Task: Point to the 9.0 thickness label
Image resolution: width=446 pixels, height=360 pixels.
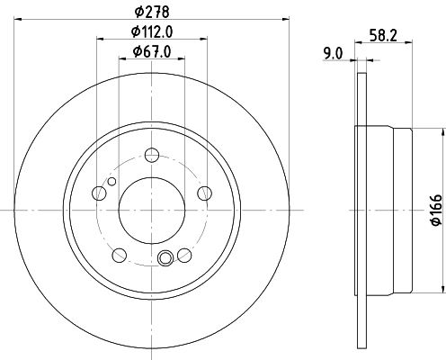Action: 332,52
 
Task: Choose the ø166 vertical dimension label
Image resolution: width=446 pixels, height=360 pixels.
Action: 436,209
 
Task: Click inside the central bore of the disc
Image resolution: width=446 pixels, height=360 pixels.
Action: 151,209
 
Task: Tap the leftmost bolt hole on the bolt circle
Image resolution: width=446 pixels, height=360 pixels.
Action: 99,192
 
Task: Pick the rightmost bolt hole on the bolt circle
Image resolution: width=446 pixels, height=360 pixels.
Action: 204,192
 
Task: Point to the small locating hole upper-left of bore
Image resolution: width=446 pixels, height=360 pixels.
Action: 111,182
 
